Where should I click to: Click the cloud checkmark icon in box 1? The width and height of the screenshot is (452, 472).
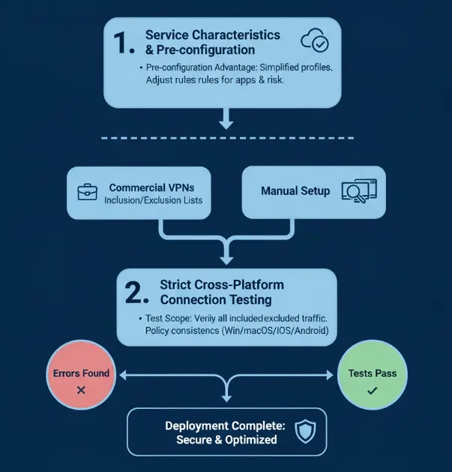[314, 41]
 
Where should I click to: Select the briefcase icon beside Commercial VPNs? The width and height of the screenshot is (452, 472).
[88, 192]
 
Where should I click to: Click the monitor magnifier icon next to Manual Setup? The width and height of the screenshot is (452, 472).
[358, 191]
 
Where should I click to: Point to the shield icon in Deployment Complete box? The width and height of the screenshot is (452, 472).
[306, 431]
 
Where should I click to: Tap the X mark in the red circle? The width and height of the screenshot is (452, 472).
[81, 390]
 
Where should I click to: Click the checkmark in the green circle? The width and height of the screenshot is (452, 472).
[373, 390]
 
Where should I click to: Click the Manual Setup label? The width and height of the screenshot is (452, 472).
[295, 191]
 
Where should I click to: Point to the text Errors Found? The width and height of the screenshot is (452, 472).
[81, 373]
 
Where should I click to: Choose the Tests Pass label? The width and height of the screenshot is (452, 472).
[373, 373]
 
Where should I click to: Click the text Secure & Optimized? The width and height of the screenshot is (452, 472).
[226, 439]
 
